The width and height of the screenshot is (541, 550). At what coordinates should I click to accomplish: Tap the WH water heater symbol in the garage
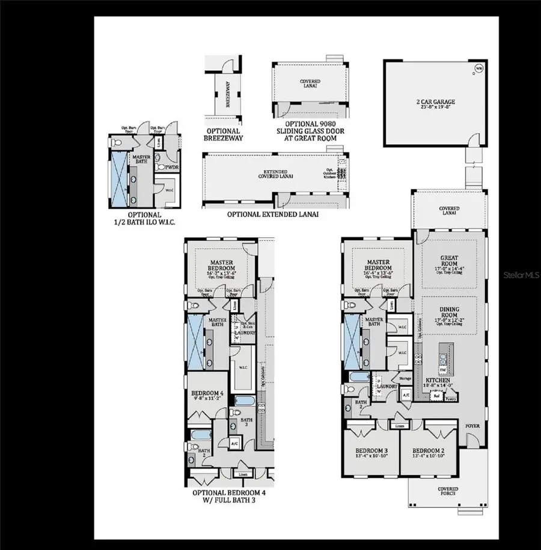[x=479, y=68]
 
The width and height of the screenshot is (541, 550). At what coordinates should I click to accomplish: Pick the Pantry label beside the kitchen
[x=451, y=397]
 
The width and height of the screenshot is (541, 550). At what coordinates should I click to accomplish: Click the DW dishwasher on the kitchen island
[x=442, y=370]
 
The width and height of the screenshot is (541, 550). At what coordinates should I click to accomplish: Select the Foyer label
[x=472, y=426]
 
